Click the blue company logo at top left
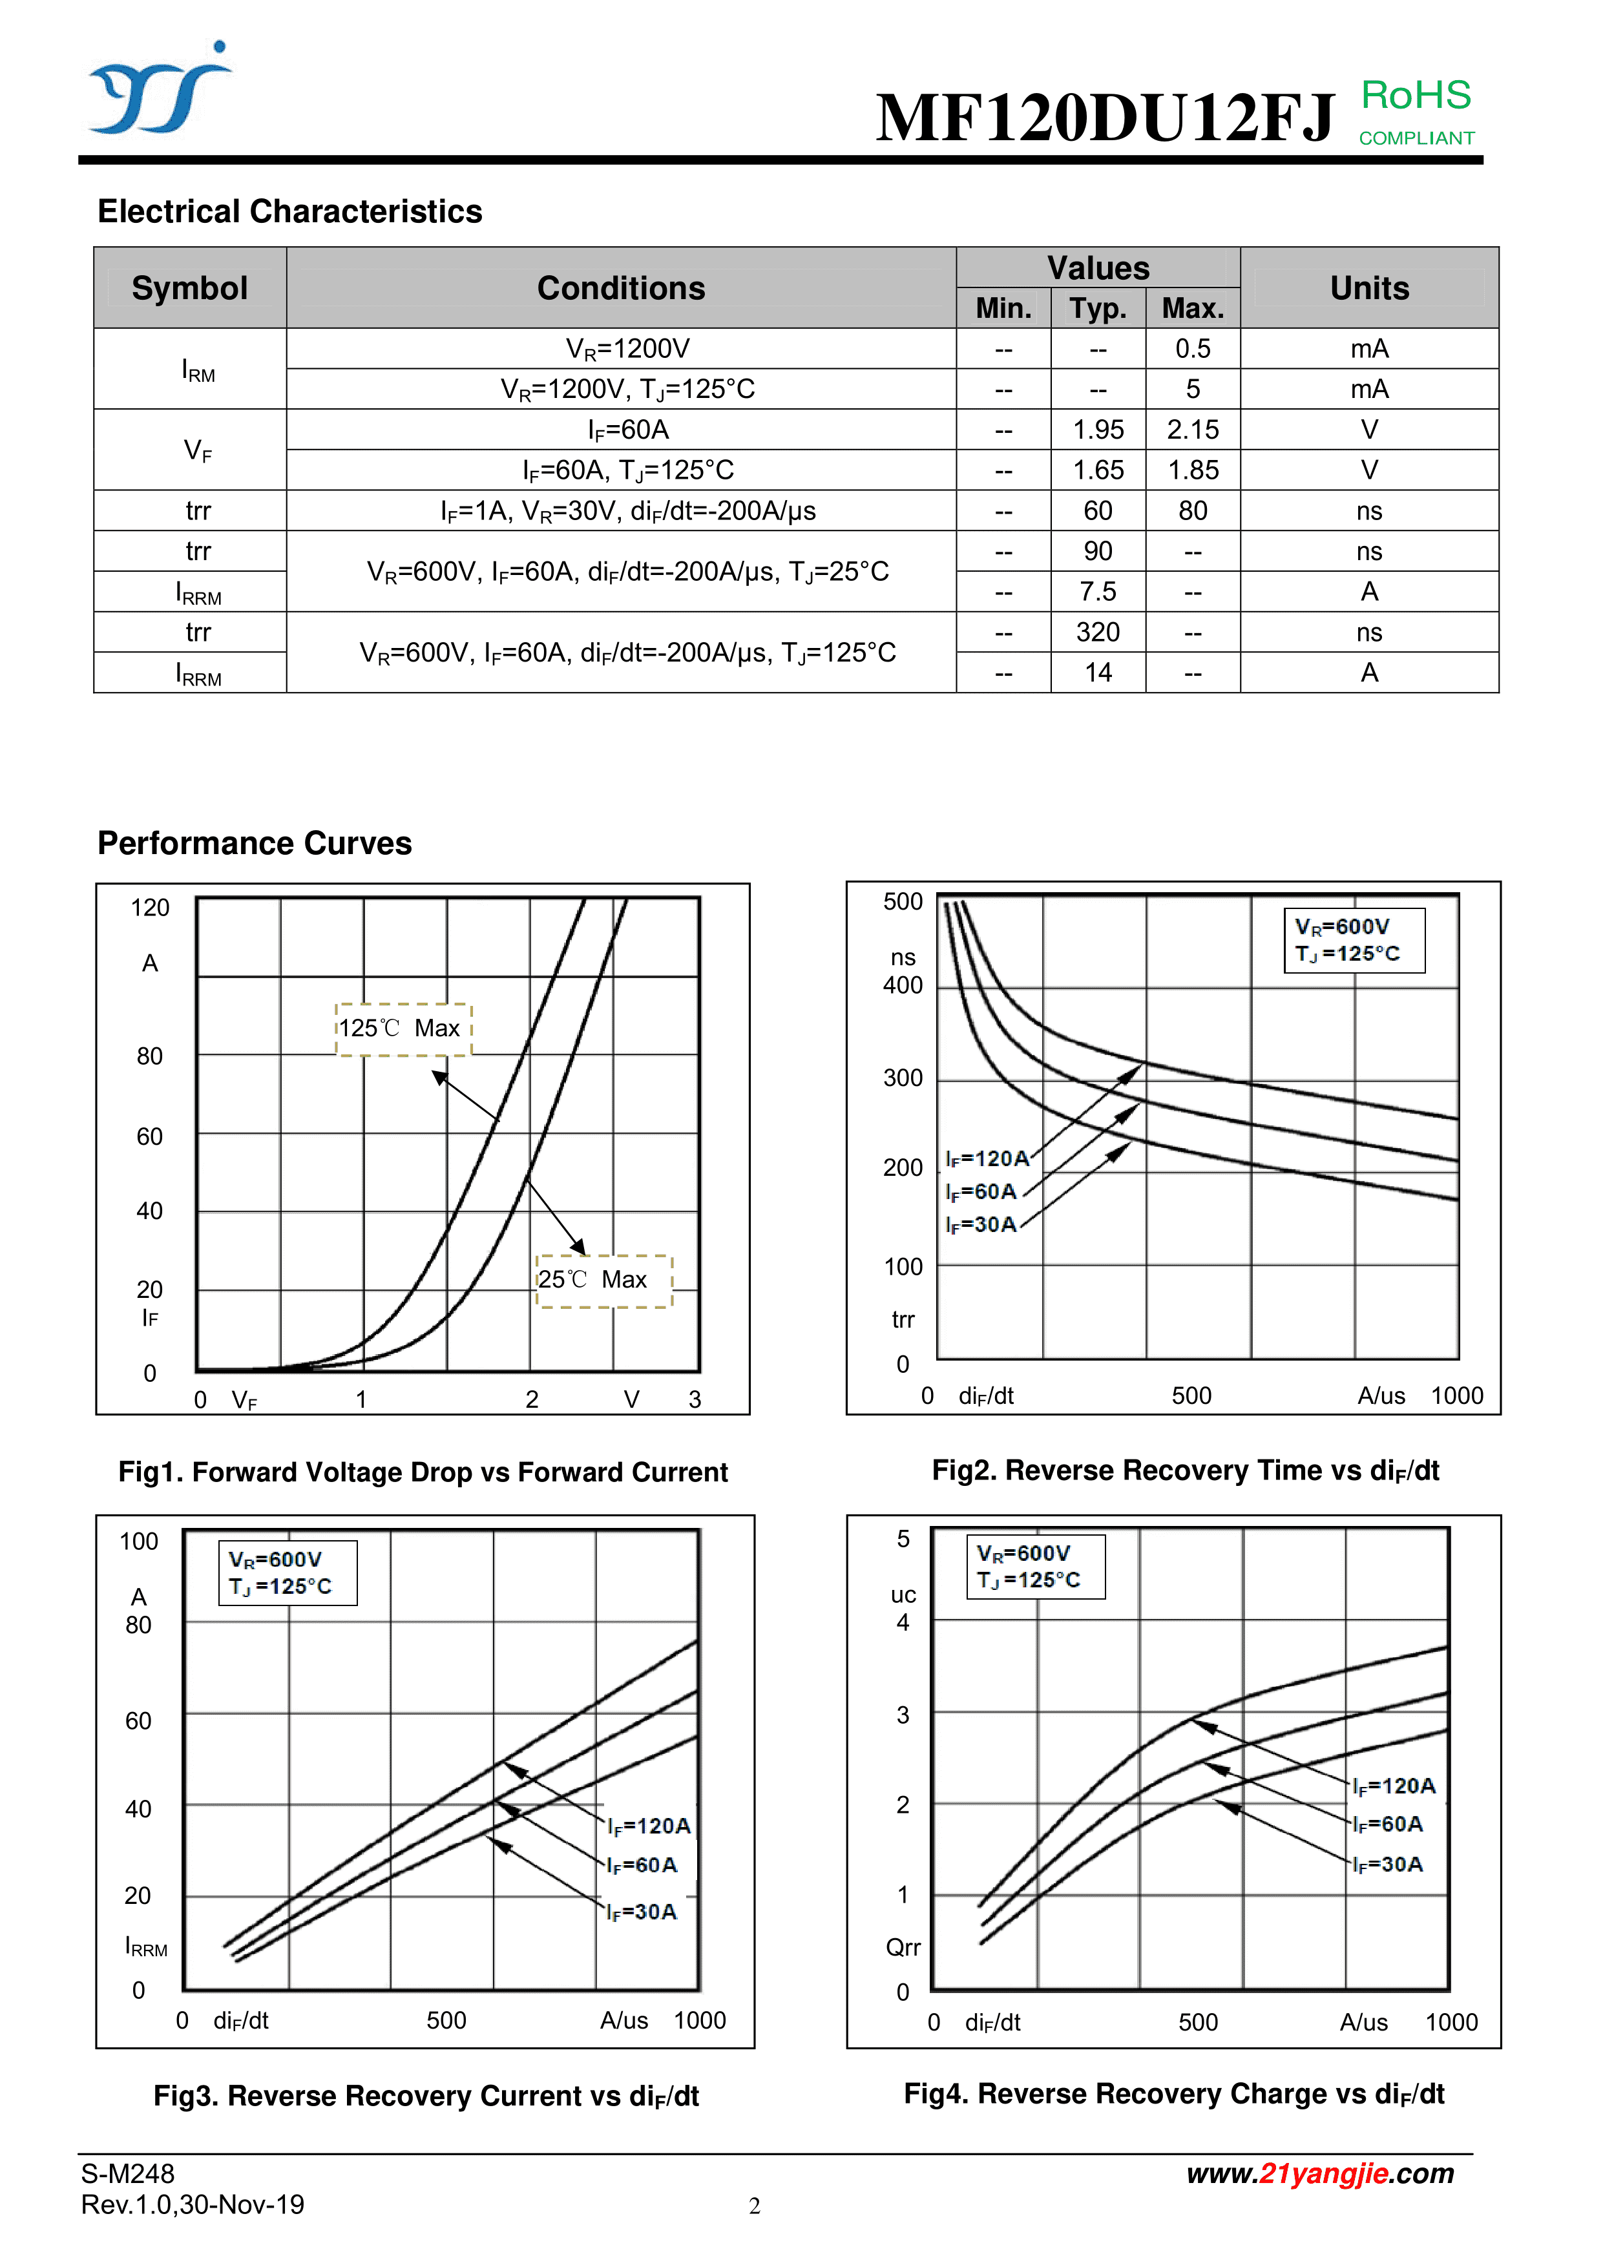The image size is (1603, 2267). click(x=158, y=89)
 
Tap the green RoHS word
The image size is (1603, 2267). click(x=1416, y=96)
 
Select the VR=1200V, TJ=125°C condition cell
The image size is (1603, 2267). click(x=627, y=389)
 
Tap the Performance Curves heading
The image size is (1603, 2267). click(x=254, y=843)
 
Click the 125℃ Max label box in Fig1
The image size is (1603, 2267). click(x=403, y=1029)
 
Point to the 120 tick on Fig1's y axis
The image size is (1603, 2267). click(x=150, y=908)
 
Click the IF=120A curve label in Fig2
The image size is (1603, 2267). click(x=987, y=1158)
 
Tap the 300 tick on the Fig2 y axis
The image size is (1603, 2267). click(x=903, y=1078)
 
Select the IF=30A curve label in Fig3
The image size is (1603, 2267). click(x=642, y=1912)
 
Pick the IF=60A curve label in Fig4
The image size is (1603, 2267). click(x=1388, y=1824)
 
